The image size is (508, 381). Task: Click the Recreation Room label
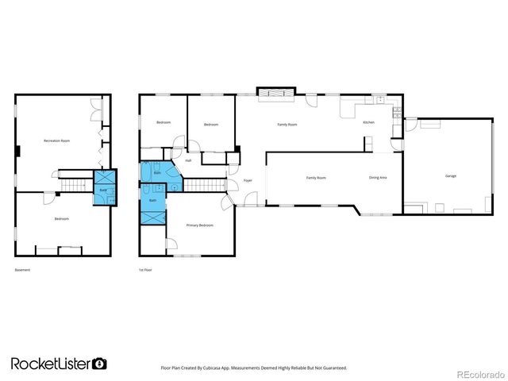(x=57, y=141)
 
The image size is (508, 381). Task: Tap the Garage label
(x=450, y=176)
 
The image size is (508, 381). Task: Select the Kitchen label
(x=369, y=122)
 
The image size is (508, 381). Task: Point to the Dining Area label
(x=378, y=178)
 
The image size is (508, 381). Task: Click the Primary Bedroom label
(x=200, y=225)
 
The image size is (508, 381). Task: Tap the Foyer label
(x=248, y=181)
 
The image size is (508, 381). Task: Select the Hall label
(x=188, y=160)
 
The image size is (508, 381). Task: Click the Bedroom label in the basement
(x=61, y=218)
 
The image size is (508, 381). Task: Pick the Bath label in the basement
(x=103, y=190)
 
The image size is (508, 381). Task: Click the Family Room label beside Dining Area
(x=316, y=178)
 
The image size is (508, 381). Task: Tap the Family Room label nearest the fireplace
(x=287, y=125)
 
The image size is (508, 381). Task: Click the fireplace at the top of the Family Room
(x=276, y=94)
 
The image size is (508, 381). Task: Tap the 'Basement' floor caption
(x=22, y=270)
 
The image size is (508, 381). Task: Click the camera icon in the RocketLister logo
(x=100, y=364)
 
